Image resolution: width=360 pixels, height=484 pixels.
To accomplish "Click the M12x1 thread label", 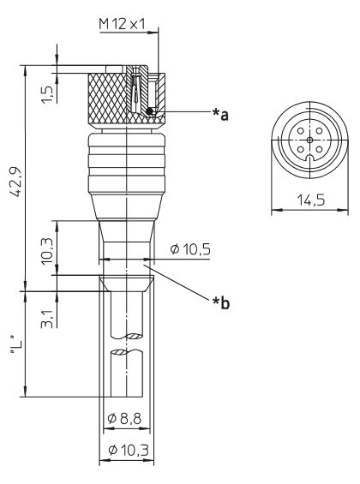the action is click(122, 24).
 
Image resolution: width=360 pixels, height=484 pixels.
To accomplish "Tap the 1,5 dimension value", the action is click(46, 94).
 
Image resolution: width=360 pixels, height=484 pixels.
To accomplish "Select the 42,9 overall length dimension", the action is click(15, 182).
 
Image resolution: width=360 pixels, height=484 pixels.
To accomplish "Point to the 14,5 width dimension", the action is click(311, 200).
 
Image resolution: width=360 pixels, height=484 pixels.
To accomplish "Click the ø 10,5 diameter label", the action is click(190, 249).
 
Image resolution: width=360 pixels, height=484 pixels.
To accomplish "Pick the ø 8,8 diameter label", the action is click(124, 419).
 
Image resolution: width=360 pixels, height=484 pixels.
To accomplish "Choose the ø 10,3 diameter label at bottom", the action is click(129, 450).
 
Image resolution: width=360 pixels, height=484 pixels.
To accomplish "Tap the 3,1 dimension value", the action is click(47, 320).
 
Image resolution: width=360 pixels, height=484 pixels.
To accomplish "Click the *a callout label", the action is click(220, 114).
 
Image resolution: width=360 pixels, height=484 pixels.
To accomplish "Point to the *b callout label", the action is click(221, 302).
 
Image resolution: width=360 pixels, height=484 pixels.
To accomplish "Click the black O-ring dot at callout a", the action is click(150, 111).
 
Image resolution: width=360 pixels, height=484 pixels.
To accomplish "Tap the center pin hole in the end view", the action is click(309, 140).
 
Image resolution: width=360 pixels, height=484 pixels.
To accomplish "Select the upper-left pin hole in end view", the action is click(300, 130).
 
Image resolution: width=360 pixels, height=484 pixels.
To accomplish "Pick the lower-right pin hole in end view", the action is click(319, 150).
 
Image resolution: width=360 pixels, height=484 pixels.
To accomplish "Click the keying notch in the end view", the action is click(309, 158).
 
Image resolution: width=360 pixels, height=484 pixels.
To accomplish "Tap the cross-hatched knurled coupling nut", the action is click(107, 99).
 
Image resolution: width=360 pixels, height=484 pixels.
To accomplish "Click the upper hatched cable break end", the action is click(134, 336).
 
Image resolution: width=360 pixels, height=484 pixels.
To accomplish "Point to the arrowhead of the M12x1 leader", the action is click(153, 32).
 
